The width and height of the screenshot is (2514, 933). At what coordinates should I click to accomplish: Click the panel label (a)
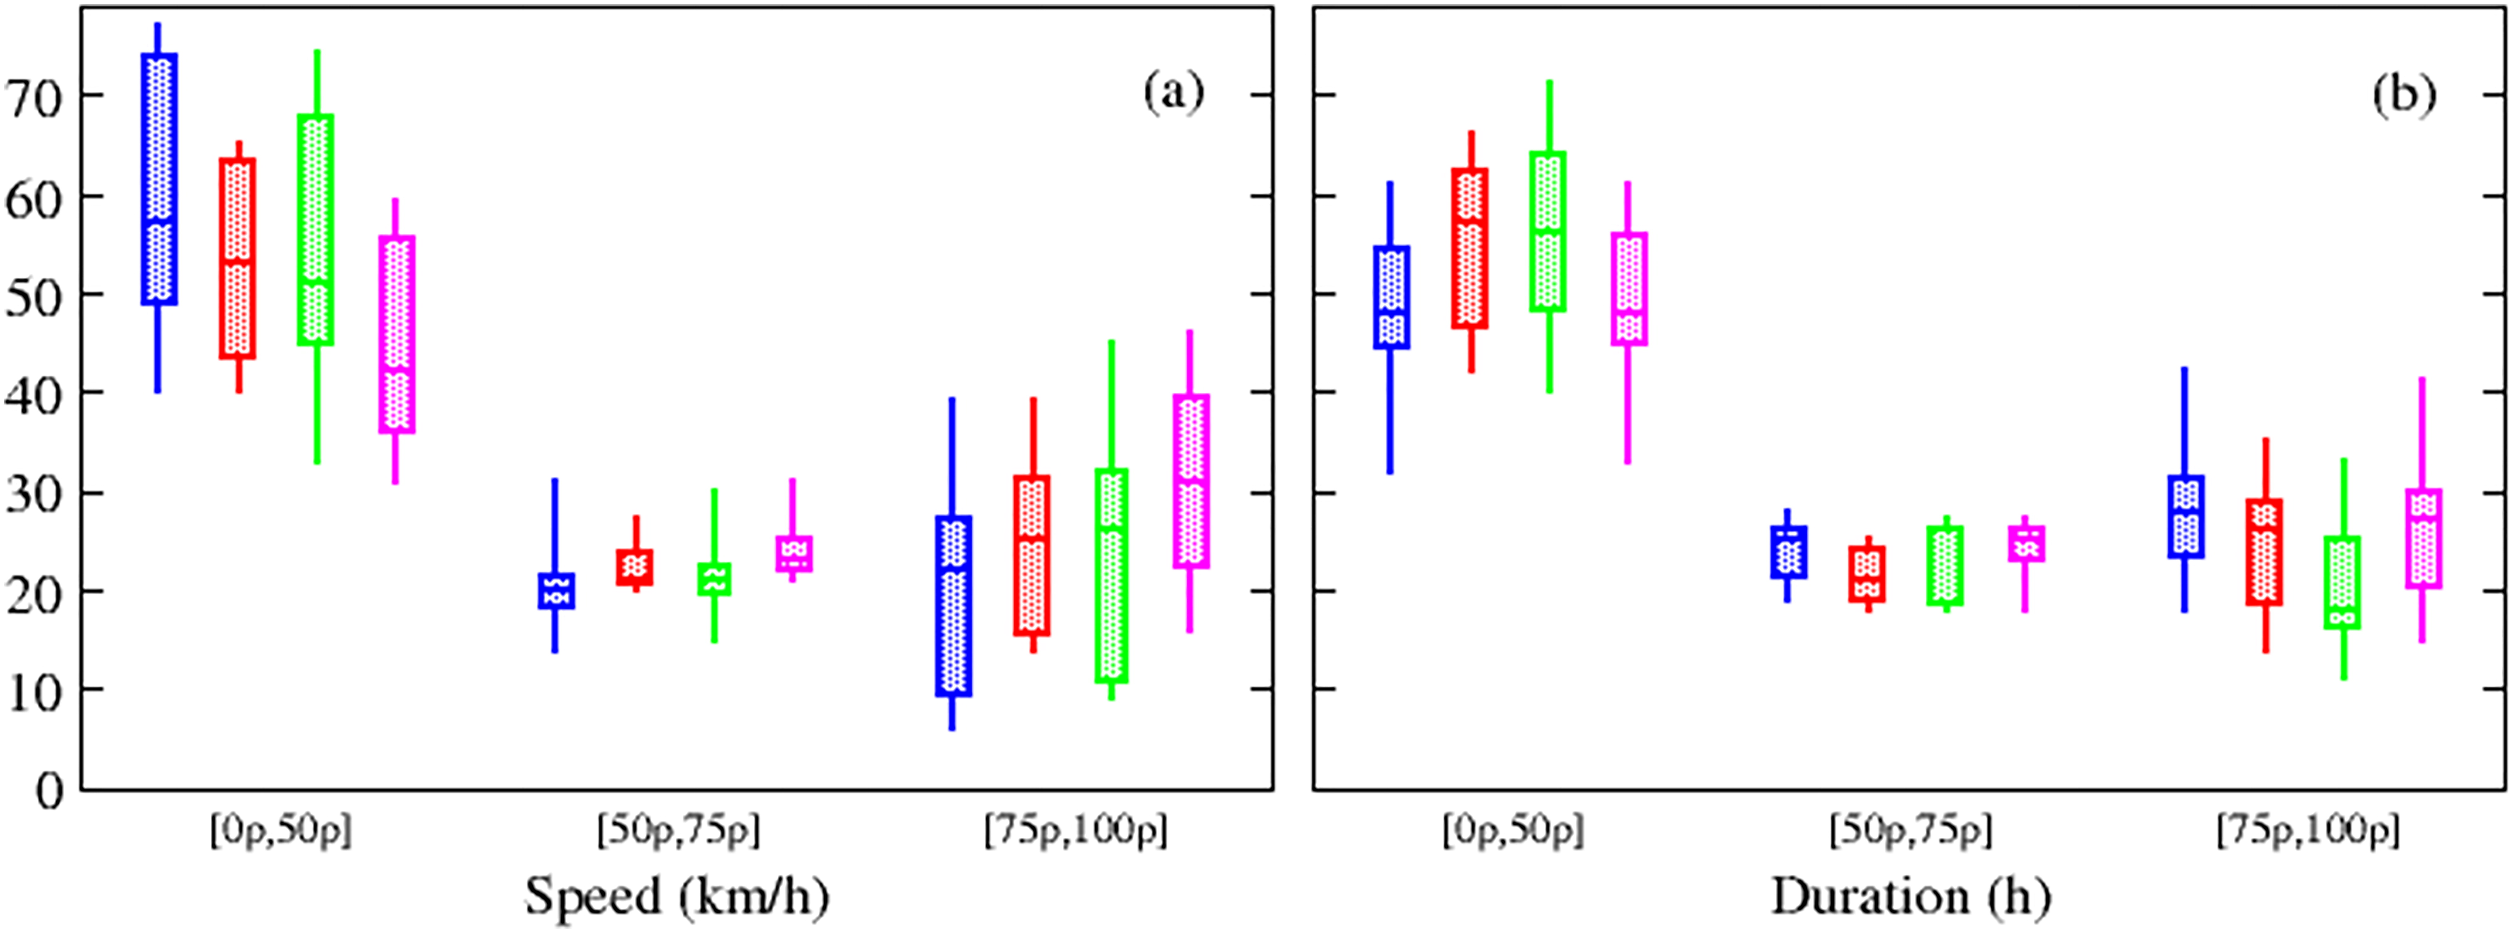[x=1174, y=93]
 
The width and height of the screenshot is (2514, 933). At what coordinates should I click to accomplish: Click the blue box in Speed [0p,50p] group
[x=159, y=178]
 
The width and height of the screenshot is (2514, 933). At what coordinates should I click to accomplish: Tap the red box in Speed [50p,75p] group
[x=635, y=567]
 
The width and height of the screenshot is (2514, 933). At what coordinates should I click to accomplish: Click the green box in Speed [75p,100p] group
[x=1112, y=576]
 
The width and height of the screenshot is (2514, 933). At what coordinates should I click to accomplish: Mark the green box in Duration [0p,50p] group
[x=1548, y=231]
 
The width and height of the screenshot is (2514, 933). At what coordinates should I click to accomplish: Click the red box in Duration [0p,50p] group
[x=1470, y=248]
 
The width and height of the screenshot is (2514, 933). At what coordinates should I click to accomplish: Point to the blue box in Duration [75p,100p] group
[x=2185, y=516]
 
